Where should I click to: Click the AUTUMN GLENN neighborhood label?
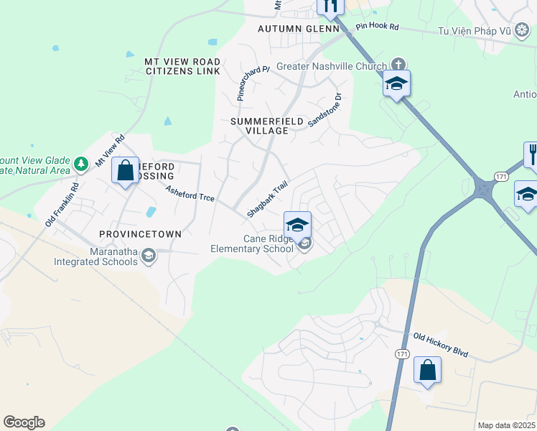(298, 29)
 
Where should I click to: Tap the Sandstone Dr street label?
(325, 110)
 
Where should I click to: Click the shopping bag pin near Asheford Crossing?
(126, 171)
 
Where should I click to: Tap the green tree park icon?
(81, 164)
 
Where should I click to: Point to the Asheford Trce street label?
(190, 193)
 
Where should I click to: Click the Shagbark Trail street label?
(267, 199)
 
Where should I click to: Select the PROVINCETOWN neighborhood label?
(141, 235)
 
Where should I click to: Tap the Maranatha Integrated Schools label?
(95, 256)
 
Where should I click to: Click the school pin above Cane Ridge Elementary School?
(297, 224)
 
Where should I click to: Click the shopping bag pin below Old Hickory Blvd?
(427, 371)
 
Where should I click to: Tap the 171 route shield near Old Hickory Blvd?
(402, 354)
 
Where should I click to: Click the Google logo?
(24, 422)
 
